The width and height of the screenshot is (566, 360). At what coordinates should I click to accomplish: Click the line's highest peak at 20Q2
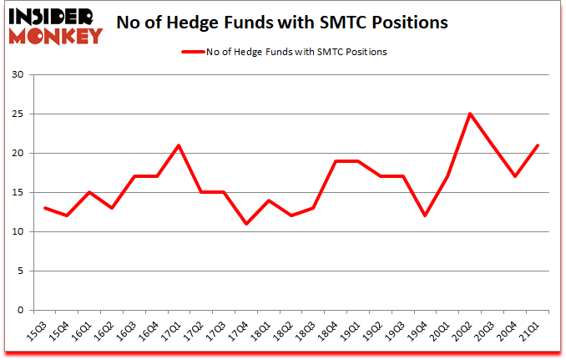[x=470, y=114]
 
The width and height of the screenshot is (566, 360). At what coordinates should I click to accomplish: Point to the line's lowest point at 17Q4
[x=246, y=224]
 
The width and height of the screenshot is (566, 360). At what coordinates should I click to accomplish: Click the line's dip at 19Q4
[x=426, y=215]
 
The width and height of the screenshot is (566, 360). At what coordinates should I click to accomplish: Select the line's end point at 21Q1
[x=538, y=145]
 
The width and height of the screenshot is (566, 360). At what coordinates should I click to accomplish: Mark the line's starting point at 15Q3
[x=45, y=208]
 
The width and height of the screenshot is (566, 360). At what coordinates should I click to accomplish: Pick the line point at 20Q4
[x=515, y=177]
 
